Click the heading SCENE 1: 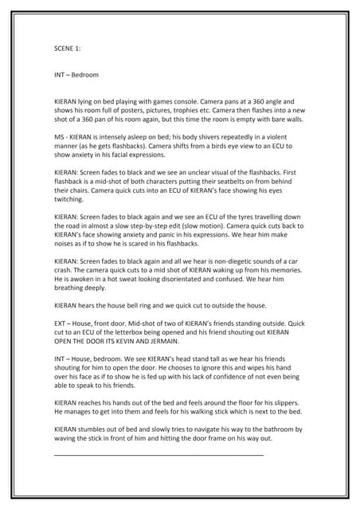[67, 48]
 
